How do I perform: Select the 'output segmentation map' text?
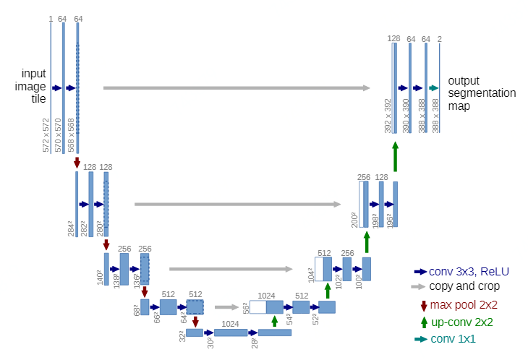[x=482, y=93]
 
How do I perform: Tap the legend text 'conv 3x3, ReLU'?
[x=469, y=272]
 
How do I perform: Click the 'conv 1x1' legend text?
[x=453, y=338]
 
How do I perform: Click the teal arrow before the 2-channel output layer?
[x=433, y=87]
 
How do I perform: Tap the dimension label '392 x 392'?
[x=388, y=116]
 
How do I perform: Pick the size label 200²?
[x=354, y=220]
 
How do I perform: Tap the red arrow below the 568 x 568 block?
[x=77, y=163]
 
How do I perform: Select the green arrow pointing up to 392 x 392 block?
[x=395, y=156]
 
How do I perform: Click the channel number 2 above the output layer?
[x=440, y=38]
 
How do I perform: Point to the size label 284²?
[x=71, y=229]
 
